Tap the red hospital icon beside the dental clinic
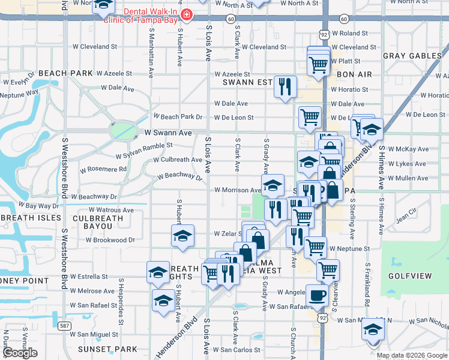coord(187,14)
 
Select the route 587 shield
coord(64,326)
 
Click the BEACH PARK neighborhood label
coord(65,73)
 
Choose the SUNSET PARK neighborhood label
coord(115,349)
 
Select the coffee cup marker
coord(317,295)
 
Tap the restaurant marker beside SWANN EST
coord(285,86)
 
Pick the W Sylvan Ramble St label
coord(145,145)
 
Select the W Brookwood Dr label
coord(110,239)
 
